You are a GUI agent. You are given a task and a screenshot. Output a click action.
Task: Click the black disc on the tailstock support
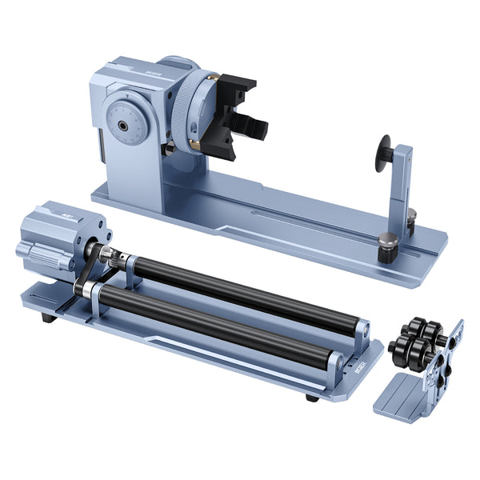click(385, 154)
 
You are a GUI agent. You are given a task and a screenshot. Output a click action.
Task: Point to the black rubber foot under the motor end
click(49, 318)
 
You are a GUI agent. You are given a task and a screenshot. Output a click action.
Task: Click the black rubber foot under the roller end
click(311, 397)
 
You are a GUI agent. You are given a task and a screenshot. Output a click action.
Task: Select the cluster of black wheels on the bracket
click(416, 340)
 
